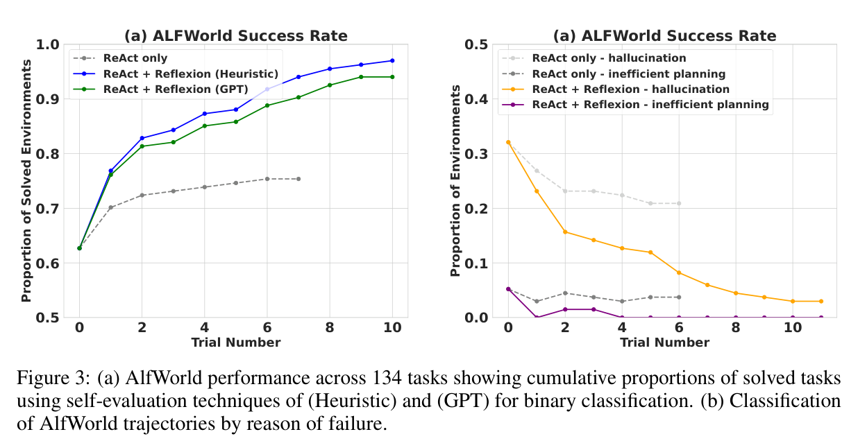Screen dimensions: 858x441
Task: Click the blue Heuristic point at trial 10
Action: (392, 60)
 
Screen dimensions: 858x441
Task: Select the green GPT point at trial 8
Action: (330, 85)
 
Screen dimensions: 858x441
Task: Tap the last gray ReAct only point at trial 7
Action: (298, 179)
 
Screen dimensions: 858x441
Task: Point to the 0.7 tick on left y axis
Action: (47, 209)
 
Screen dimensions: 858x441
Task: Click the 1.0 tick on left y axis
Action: (47, 44)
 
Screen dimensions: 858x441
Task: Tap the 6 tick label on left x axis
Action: (267, 327)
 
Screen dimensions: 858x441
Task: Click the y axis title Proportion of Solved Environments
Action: (26, 180)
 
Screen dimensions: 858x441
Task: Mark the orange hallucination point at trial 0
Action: (508, 142)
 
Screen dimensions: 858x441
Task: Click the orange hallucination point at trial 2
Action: (565, 232)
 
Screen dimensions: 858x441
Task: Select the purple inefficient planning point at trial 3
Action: (594, 309)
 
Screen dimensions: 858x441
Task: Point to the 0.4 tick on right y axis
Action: (476, 99)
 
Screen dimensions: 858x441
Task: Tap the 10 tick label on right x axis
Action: (793, 327)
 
